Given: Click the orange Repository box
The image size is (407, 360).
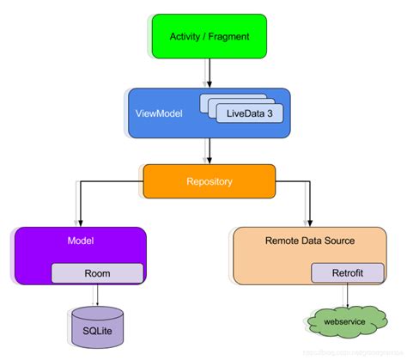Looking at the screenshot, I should pyautogui.click(x=209, y=181).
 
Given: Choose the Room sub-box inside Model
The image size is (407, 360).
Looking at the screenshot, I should pyautogui.click(x=97, y=273).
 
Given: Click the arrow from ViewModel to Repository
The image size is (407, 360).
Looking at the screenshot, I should pyautogui.click(x=208, y=149).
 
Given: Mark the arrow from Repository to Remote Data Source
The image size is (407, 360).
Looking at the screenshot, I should pyautogui.click(x=309, y=202).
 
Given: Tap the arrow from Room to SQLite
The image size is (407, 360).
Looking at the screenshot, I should pyautogui.click(x=96, y=296).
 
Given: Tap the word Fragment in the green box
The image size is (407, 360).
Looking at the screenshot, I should pyautogui.click(x=230, y=35).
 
